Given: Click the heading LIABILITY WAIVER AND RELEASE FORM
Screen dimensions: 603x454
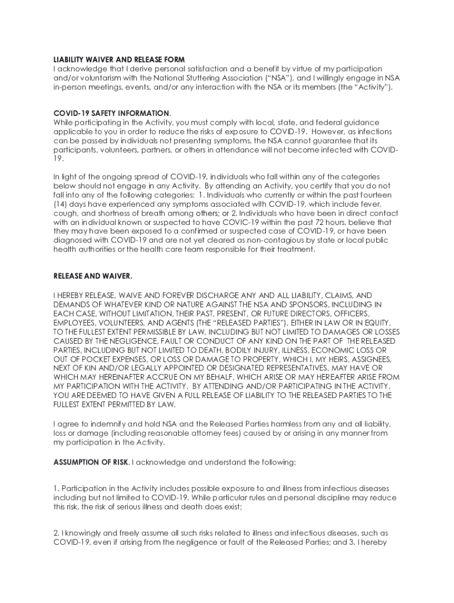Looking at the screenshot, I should point(119,60).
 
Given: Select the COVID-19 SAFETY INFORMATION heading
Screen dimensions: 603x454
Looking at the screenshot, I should point(111,113).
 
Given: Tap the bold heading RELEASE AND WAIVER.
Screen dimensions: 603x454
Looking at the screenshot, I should point(93,276).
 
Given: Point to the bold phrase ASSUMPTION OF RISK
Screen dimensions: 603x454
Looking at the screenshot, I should point(91,462).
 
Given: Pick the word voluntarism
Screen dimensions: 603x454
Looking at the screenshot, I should point(97,78).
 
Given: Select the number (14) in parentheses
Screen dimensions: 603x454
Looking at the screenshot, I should point(61,204).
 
